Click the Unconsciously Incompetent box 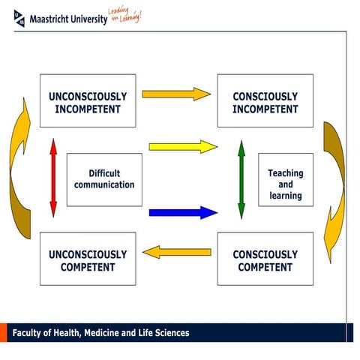[x=88, y=100]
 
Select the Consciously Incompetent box [x=265, y=100]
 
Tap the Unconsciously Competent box [x=88, y=259]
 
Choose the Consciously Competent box [x=265, y=259]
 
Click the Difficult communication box [x=104, y=179]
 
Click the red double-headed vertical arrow [x=52, y=179]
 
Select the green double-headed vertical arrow [x=241, y=179]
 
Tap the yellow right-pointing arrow [x=182, y=146]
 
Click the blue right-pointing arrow [x=182, y=212]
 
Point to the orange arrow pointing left [x=176, y=251]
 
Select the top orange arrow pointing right [x=176, y=94]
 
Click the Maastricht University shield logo [x=18, y=17]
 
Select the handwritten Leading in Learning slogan [x=124, y=15]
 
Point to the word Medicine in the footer [x=109, y=333]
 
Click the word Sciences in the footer [x=170, y=333]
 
